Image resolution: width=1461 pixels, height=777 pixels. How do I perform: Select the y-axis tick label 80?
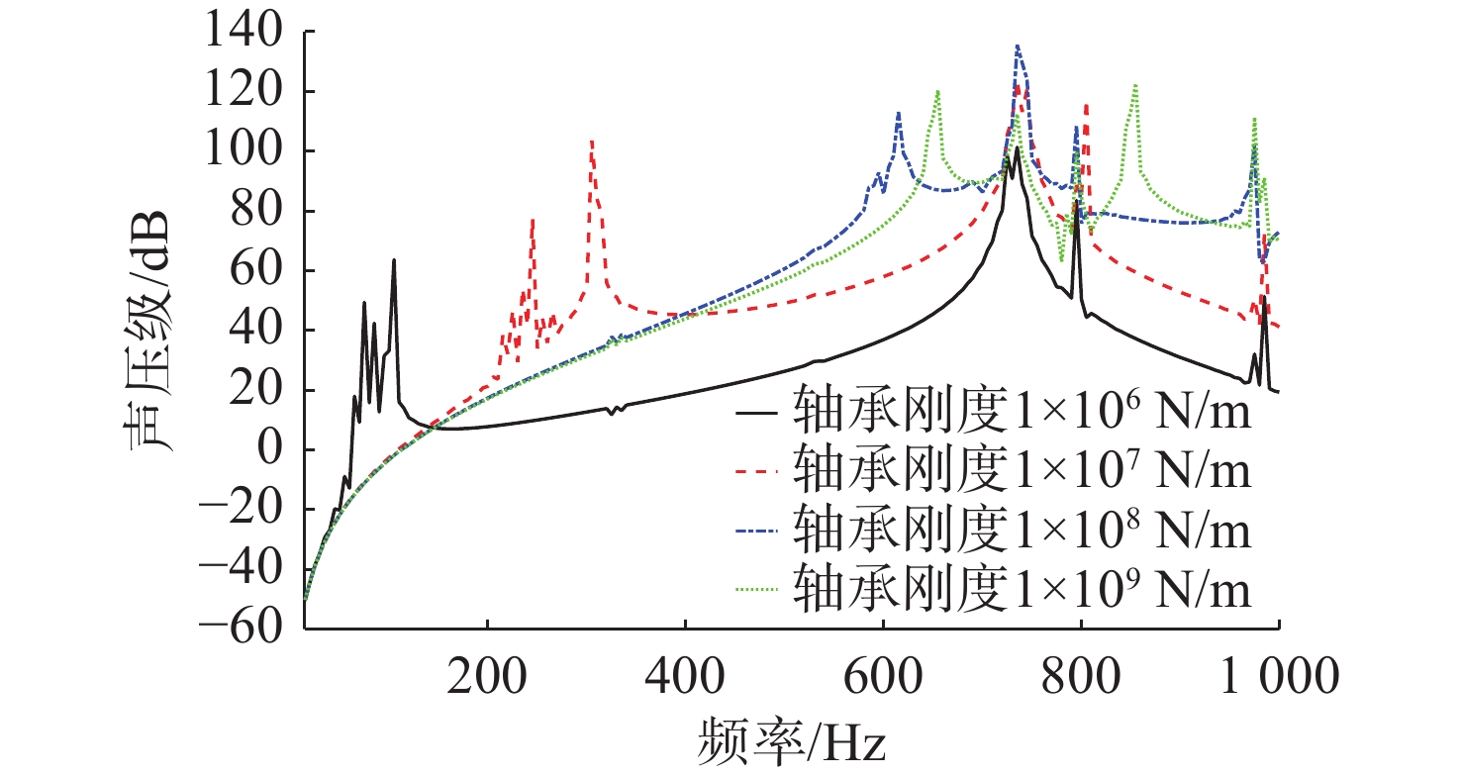click(261, 211)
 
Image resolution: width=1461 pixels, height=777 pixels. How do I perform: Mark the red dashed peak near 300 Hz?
click(591, 143)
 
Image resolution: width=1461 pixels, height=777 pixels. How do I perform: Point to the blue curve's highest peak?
click(1017, 47)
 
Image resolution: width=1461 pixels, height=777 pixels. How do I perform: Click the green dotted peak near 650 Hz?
click(936, 92)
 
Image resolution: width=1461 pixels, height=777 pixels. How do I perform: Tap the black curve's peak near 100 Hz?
click(393, 260)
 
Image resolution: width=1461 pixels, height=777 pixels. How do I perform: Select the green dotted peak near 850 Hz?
click(1134, 86)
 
